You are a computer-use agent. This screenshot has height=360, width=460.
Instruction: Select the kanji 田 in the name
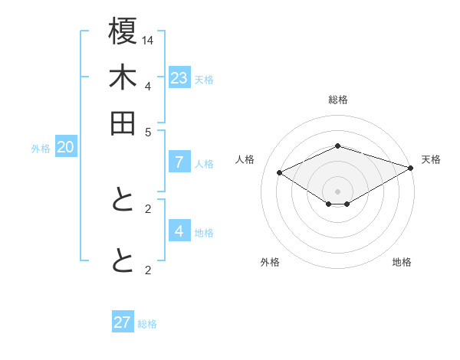tap(123, 123)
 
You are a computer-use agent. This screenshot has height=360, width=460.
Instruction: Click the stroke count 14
tap(148, 39)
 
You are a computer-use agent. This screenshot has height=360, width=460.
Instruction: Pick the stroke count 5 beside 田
tap(148, 131)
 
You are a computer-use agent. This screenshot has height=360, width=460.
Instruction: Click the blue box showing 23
tap(179, 78)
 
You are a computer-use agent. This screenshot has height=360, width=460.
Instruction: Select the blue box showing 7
tap(179, 162)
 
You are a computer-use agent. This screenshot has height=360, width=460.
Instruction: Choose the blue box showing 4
tap(179, 231)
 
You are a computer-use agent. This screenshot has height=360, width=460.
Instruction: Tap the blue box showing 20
tap(65, 148)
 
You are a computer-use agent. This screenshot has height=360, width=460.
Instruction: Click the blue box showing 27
tap(123, 322)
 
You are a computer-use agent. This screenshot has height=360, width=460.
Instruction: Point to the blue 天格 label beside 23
tap(204, 80)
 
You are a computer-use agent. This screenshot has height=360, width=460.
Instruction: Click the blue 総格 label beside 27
tap(147, 324)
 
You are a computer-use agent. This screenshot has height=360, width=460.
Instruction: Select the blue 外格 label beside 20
tap(41, 149)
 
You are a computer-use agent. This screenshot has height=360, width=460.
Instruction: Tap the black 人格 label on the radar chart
tap(245, 159)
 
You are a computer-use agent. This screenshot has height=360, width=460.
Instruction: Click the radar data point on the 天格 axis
tap(411, 168)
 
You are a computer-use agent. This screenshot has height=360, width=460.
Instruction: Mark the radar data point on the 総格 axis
tap(337, 146)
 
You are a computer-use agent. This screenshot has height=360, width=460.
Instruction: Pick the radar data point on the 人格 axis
tap(280, 173)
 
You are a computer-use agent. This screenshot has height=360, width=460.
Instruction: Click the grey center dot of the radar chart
tap(337, 191)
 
